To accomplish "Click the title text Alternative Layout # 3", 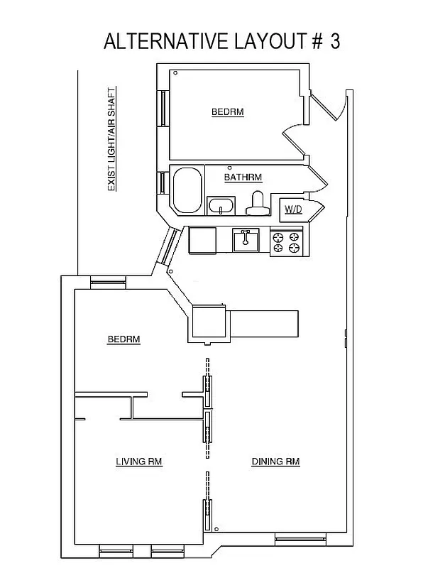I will [x=221, y=41].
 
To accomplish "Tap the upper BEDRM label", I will [x=228, y=112].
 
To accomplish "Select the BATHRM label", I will [x=243, y=177].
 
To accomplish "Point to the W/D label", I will [x=294, y=209].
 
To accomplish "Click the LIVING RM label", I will [x=139, y=461].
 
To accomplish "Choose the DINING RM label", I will [x=275, y=461].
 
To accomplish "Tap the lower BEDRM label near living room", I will [x=123, y=339].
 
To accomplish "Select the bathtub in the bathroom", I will [x=187, y=190].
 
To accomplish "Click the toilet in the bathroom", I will [x=257, y=204].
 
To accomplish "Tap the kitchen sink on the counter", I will [x=246, y=240].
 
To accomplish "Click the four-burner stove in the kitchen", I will [x=287, y=242].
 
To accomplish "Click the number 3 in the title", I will [x=334, y=41].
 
